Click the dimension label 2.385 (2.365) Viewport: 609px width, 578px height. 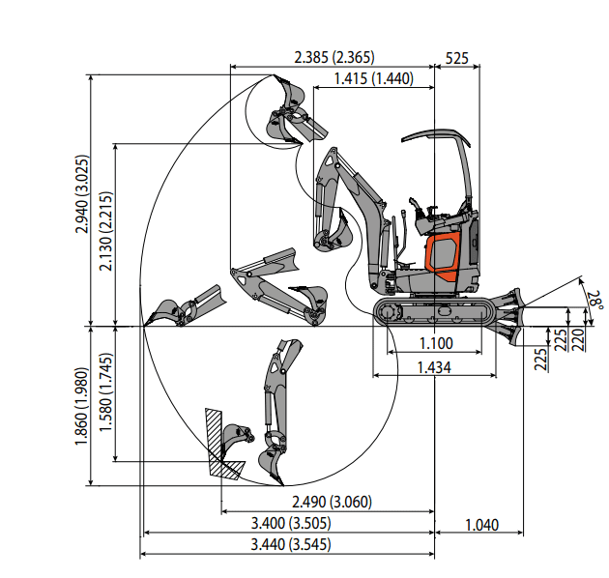[333, 57]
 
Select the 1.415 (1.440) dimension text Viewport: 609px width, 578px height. [373, 78]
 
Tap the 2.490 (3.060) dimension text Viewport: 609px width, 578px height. [332, 502]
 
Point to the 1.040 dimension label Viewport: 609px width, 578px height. [481, 525]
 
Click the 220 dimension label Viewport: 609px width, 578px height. [579, 338]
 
